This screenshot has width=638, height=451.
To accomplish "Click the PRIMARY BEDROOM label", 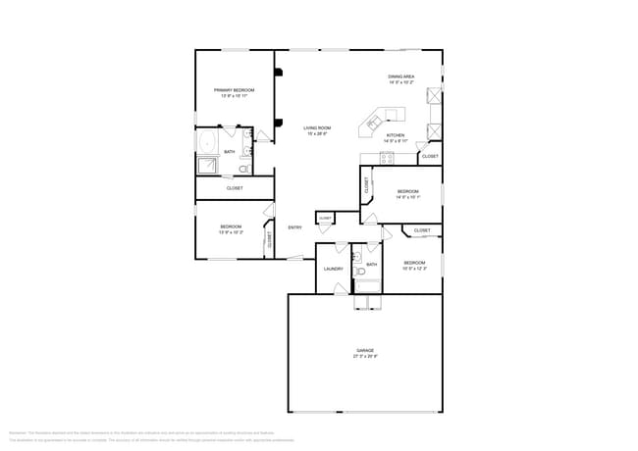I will (235, 90).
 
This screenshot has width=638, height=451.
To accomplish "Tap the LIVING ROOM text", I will (316, 127).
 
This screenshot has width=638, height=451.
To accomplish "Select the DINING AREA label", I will (400, 75).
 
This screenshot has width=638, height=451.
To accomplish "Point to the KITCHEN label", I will (395, 135).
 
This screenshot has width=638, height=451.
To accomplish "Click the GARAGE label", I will (365, 350).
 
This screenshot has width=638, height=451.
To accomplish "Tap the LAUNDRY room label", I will (333, 269).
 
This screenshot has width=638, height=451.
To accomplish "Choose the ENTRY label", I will (294, 227).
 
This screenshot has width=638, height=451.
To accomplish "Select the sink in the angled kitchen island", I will (374, 121).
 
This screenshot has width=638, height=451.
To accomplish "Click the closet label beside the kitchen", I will (430, 156).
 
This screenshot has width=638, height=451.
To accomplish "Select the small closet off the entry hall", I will (325, 218).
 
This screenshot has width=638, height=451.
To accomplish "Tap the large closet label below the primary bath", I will (235, 187).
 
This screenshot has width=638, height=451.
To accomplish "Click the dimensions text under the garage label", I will (365, 356).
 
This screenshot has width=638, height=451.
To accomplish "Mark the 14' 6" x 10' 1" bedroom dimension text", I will (407, 197).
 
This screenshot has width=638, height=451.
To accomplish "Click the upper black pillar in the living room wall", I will (279, 72).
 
